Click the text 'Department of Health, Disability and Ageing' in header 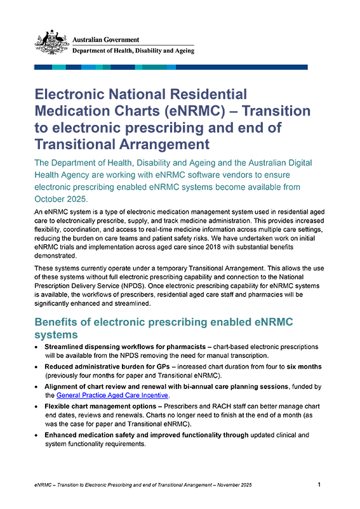pyautogui.click(x=133, y=51)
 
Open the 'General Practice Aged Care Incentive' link pyautogui.click(x=112, y=395)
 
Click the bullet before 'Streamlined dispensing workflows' pyautogui.click(x=36, y=348)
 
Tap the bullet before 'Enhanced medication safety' pyautogui.click(x=36, y=435)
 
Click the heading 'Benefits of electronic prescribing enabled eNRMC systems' pyautogui.click(x=163, y=327)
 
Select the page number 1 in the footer pyautogui.click(x=319, y=485)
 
